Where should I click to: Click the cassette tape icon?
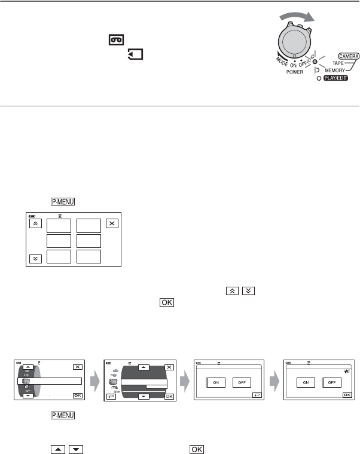pos(116,40)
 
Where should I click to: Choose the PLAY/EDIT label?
pos(343,79)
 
